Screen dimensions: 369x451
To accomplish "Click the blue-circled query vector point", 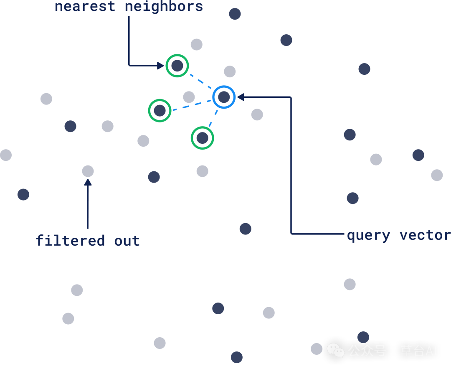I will (x=224, y=97).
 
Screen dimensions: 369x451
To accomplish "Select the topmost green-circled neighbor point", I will (x=177, y=66).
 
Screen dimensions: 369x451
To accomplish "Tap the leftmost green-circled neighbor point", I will (x=160, y=111).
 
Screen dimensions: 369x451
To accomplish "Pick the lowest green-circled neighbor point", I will (x=203, y=138).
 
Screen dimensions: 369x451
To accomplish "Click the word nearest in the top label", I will (x=85, y=6).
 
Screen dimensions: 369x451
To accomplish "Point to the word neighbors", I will (x=164, y=6).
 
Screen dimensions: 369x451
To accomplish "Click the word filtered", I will (x=70, y=241).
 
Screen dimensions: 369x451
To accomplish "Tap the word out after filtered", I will (x=127, y=241).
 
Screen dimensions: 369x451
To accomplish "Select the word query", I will (x=368, y=235).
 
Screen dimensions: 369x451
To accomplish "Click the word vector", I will (x=425, y=235).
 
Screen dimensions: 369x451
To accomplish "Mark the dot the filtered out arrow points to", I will (x=88, y=171).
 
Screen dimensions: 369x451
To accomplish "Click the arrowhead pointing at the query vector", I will (x=241, y=97).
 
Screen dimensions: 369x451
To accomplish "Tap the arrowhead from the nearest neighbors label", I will (x=160, y=66).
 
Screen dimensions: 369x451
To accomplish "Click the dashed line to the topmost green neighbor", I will (x=200, y=81).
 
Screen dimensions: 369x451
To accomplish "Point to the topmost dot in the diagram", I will (x=235, y=14).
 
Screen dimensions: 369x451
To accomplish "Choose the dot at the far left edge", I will (x=5, y=155).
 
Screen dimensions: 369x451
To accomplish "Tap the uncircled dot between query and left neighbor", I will (x=189, y=97).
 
